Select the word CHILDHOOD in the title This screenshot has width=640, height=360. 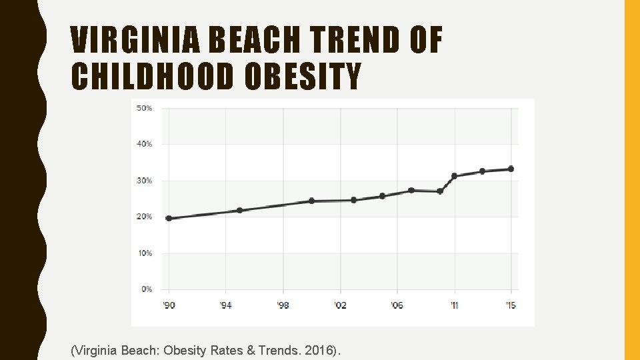[152, 77]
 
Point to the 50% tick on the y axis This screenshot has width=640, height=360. [144, 108]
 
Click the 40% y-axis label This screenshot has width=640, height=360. [144, 144]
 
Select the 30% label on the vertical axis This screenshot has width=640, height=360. [144, 181]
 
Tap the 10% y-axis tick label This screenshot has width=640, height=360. [144, 253]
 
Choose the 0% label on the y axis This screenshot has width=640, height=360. [146, 289]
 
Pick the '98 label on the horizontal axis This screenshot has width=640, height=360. [283, 305]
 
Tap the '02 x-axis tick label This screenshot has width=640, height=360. [340, 305]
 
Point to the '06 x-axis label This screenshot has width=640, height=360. [397, 305]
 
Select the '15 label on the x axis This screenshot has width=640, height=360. [511, 305]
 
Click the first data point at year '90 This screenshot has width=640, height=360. [169, 218]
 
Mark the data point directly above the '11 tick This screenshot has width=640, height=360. [455, 176]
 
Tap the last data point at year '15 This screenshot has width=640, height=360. [511, 169]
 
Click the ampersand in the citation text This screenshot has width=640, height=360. [251, 350]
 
